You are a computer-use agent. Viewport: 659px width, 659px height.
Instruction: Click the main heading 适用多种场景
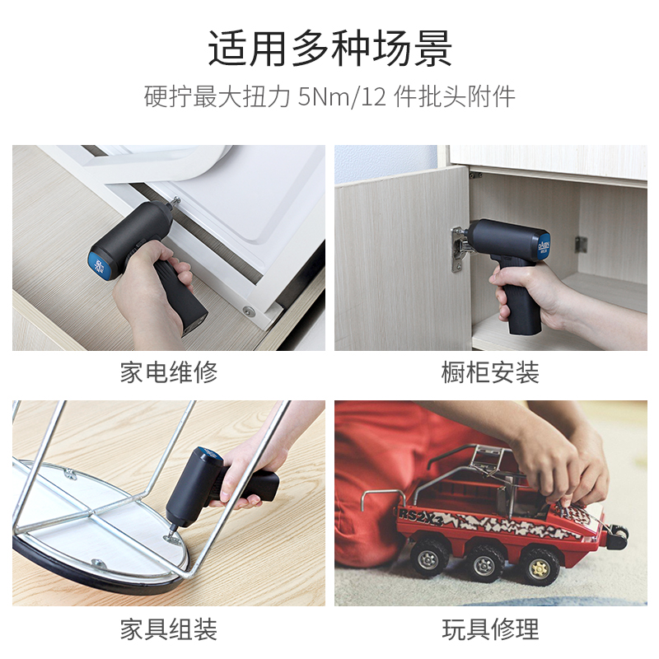(329, 50)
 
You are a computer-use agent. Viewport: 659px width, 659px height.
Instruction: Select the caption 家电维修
(169, 372)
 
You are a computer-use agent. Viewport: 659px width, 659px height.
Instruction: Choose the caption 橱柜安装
(490, 372)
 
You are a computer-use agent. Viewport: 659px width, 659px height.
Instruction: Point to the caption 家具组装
(169, 630)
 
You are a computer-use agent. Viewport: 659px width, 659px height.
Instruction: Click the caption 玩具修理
(490, 630)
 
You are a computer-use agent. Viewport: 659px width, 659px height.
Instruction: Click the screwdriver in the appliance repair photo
(148, 247)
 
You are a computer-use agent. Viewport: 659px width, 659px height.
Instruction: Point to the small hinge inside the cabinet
(581, 244)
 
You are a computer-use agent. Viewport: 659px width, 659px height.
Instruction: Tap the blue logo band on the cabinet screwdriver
(542, 244)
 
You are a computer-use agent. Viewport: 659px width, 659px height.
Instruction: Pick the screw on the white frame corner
(248, 311)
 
